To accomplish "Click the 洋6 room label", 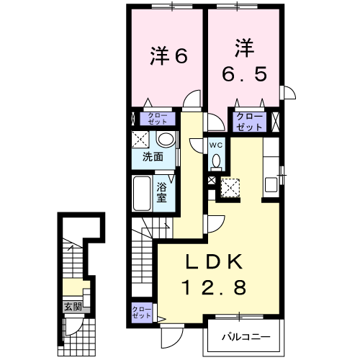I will click(168, 55).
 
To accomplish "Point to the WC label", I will click(216, 145).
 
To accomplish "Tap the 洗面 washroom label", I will click(151, 156).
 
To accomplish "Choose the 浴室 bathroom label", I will click(163, 192).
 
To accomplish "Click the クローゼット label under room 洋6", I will click(156, 119).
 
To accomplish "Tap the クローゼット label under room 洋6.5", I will click(250, 121).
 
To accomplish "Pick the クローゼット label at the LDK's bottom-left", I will click(141, 312).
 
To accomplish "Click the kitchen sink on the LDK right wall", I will click(271, 184).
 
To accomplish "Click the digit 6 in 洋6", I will click(181, 55).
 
